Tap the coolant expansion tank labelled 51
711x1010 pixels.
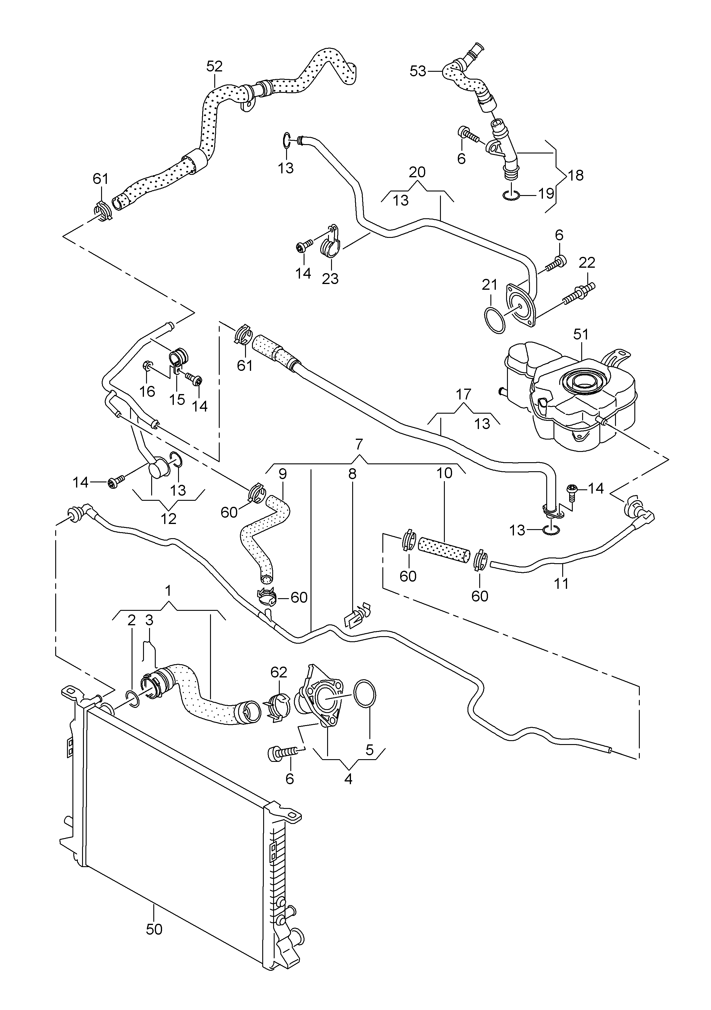point(572,396)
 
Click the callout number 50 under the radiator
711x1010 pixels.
point(154,929)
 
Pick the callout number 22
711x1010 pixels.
point(587,262)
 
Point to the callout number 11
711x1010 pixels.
point(561,583)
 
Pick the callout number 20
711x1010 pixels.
point(417,172)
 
